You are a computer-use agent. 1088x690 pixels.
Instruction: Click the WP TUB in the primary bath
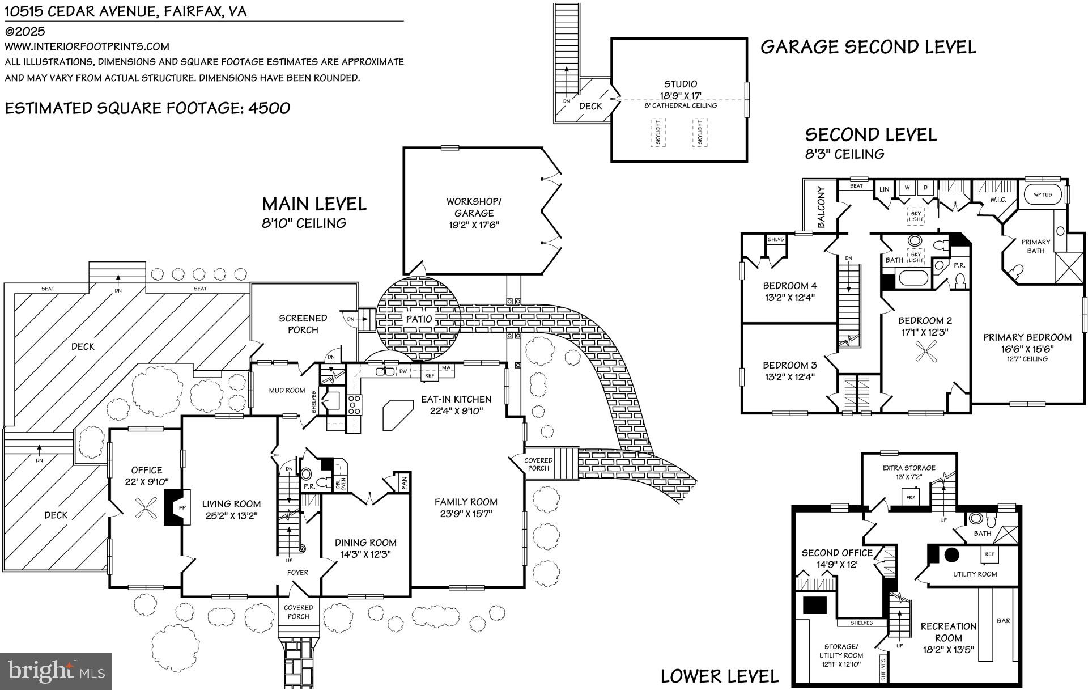pyautogui.click(x=1043, y=195)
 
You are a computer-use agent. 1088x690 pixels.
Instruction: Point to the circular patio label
pyautogui.click(x=419, y=319)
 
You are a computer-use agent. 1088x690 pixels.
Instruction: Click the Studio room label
pyautogui.click(x=681, y=84)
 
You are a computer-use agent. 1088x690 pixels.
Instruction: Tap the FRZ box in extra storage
pyautogui.click(x=911, y=497)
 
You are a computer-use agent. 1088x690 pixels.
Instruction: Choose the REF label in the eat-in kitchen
pyautogui.click(x=430, y=375)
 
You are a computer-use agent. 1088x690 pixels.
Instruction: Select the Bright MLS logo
pyautogui.click(x=56, y=671)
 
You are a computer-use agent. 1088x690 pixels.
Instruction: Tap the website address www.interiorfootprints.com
pyautogui.click(x=87, y=46)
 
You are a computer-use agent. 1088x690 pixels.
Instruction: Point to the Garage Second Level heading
pyautogui.click(x=868, y=46)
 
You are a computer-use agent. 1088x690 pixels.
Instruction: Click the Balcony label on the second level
pyautogui.click(x=822, y=208)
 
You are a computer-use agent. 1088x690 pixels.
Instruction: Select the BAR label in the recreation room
pyautogui.click(x=1004, y=621)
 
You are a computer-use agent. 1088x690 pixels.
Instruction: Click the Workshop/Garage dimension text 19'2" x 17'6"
pyautogui.click(x=474, y=225)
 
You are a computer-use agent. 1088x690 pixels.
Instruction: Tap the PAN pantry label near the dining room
pyautogui.click(x=404, y=483)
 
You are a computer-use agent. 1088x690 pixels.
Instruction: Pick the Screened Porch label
pyautogui.click(x=303, y=324)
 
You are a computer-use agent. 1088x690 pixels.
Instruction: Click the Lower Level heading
pyautogui.click(x=720, y=676)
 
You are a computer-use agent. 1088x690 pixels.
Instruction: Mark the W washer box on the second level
pyautogui.click(x=907, y=188)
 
